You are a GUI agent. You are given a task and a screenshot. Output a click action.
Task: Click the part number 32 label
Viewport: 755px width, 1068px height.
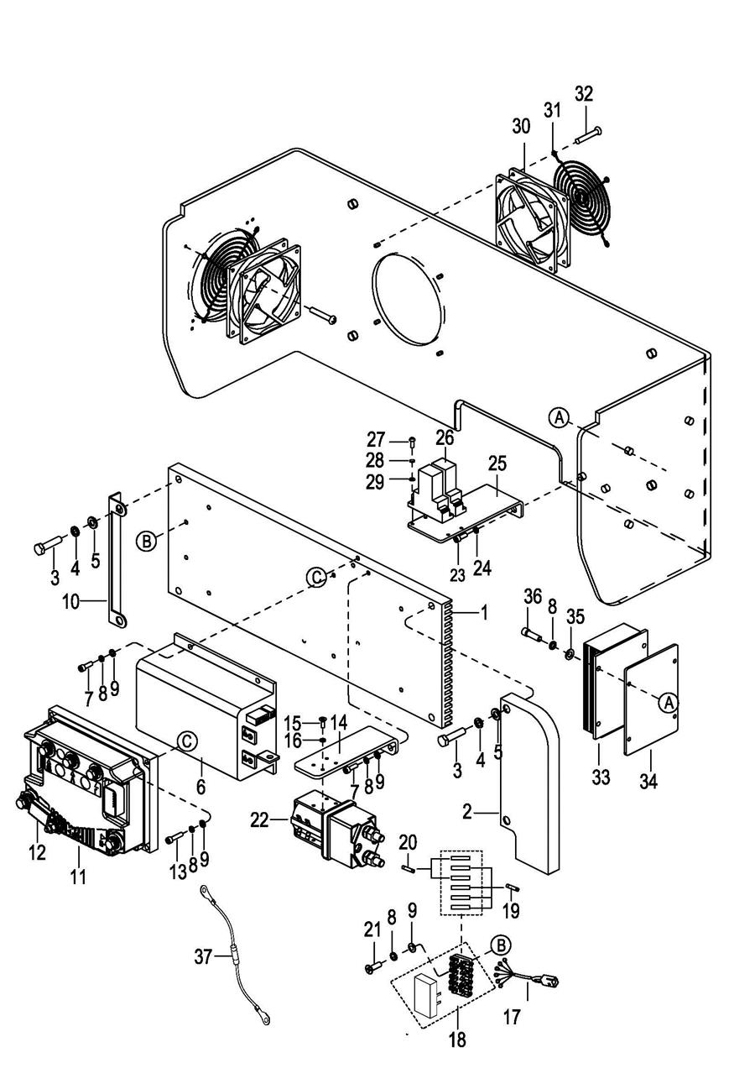584,94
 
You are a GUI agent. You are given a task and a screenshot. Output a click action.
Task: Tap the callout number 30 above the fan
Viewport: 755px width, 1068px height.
521,126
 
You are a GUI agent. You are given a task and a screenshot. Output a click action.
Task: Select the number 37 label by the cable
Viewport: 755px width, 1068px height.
203,956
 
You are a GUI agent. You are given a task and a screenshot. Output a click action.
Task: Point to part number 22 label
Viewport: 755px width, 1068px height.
260,820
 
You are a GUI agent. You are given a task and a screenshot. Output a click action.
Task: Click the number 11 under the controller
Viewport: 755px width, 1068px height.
78,876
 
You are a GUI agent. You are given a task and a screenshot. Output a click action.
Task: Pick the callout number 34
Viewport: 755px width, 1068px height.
648,781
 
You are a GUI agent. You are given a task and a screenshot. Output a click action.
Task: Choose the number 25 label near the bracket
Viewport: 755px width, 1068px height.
497,463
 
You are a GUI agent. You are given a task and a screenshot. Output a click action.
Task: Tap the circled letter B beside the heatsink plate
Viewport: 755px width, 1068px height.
147,541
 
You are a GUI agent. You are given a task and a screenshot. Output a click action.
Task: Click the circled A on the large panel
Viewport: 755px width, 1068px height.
560,417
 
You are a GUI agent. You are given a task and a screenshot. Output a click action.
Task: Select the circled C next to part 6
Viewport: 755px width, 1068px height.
187,741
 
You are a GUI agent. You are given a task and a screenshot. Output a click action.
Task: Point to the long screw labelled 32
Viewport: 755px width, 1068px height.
589,134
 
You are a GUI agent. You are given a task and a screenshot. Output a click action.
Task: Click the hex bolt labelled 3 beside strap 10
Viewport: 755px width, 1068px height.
49,545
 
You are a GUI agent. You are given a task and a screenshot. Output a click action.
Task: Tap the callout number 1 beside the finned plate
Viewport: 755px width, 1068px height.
484,613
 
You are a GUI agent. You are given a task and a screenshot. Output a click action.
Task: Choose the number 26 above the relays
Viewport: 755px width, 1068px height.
445,437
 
